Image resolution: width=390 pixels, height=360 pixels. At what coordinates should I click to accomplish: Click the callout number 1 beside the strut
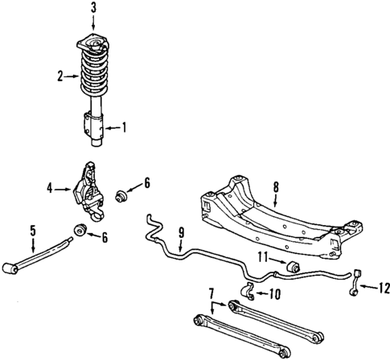click(124, 126)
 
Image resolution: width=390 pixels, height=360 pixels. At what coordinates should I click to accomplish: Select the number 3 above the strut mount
click(93, 8)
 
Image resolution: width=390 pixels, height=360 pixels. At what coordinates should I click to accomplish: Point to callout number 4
click(50, 189)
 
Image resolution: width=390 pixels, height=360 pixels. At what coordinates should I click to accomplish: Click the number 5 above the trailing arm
click(33, 231)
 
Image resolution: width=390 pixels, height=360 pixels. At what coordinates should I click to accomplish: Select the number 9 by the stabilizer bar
click(181, 233)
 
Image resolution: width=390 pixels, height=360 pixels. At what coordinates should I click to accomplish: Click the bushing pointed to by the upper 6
click(124, 195)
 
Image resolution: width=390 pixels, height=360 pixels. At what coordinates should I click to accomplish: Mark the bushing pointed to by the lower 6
click(80, 231)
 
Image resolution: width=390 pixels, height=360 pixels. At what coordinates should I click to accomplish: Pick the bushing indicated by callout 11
click(294, 266)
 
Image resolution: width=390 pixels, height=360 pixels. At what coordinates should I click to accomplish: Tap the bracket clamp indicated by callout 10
click(248, 290)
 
